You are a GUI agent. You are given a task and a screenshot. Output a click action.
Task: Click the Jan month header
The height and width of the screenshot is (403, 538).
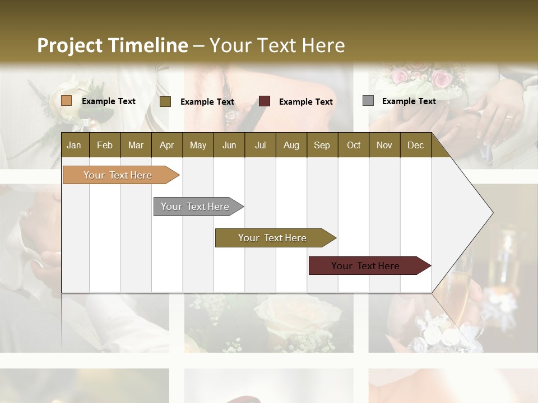click(x=74, y=146)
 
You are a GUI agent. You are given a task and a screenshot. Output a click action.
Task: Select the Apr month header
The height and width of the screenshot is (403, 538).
click(x=167, y=146)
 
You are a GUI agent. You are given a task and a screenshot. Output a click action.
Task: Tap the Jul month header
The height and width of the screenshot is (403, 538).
click(x=260, y=146)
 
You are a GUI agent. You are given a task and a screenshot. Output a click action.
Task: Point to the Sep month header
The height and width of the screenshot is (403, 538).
click(x=322, y=146)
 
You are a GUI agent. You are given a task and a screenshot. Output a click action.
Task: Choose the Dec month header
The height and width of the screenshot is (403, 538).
click(x=415, y=146)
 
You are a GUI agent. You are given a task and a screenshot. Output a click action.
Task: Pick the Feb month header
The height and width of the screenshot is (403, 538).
click(x=105, y=146)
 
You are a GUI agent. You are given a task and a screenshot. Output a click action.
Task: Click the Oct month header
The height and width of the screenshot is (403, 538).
click(x=354, y=146)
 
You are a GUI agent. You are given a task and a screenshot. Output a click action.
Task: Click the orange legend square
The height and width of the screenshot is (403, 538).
click(x=67, y=101)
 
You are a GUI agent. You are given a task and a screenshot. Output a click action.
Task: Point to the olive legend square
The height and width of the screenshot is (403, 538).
click(x=165, y=101)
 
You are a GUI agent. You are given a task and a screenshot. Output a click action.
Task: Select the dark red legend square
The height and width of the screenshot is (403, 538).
click(x=265, y=101)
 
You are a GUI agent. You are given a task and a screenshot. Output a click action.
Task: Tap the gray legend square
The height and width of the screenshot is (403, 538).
click(x=368, y=101)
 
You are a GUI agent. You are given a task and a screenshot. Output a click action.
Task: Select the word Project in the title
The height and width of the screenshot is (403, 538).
click(x=69, y=45)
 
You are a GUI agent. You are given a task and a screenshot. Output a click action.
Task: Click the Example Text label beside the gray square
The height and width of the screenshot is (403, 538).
click(x=409, y=101)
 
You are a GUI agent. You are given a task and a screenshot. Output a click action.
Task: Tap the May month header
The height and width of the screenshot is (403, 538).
click(x=198, y=146)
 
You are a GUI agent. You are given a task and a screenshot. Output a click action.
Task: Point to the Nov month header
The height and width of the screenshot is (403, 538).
click(x=384, y=146)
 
